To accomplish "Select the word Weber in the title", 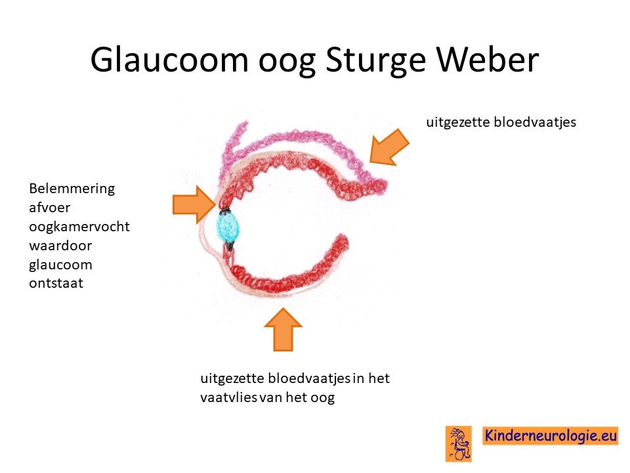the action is [488, 59].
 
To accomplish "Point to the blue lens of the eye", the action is [228, 227].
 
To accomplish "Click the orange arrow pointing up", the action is [283, 329].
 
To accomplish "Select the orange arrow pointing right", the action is [194, 204].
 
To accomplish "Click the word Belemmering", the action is [72, 189].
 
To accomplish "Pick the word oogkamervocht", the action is [79, 227].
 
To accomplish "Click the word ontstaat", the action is [56, 283].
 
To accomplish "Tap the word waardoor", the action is [60, 245].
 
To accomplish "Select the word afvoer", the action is [49, 208].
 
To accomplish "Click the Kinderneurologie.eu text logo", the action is [550, 436].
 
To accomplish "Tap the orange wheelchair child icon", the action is [459, 443].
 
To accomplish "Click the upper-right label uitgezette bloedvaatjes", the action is [501, 122].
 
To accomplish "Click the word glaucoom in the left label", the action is [60, 265].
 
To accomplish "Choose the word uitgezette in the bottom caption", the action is [232, 379].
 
